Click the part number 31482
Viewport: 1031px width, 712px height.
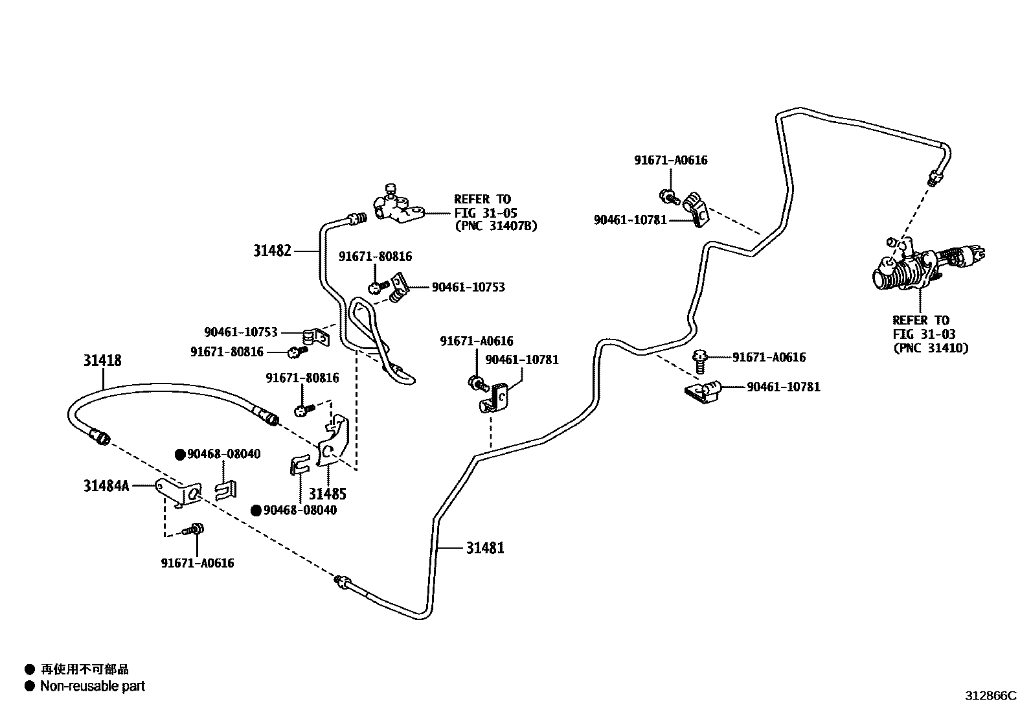click(x=272, y=251)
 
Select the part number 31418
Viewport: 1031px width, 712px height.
click(x=102, y=360)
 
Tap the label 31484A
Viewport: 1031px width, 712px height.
click(x=106, y=485)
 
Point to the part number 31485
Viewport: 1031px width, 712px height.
click(x=327, y=494)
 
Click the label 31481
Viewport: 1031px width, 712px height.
click(x=485, y=548)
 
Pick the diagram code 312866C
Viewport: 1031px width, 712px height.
click(x=990, y=695)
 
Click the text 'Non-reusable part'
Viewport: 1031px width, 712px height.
click(x=93, y=686)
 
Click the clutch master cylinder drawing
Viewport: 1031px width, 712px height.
click(x=925, y=266)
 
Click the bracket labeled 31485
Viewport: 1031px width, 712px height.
click(x=334, y=441)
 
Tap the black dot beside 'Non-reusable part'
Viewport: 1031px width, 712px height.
click(x=30, y=686)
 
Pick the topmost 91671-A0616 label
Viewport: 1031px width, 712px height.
click(x=671, y=160)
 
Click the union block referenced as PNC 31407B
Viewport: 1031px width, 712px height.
click(x=397, y=206)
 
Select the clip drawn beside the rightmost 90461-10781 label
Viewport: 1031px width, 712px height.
click(x=703, y=392)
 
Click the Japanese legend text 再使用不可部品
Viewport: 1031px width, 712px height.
click(x=85, y=669)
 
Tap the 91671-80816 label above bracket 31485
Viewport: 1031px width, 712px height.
click(x=302, y=378)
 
